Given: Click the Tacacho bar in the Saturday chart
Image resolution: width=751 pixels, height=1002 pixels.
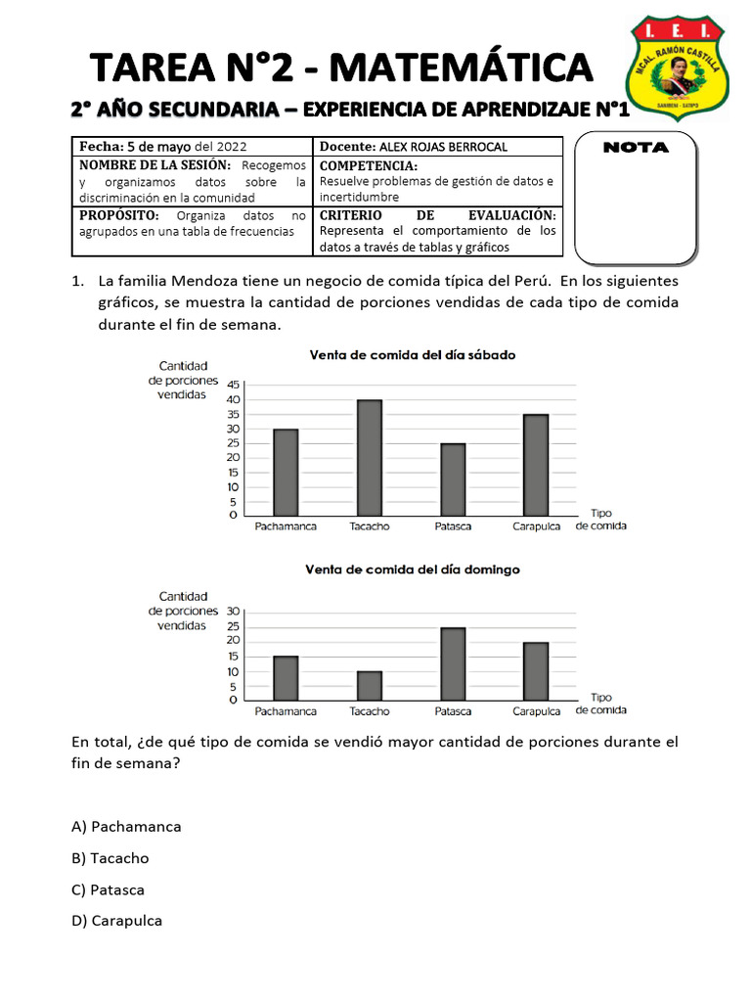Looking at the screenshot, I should pyautogui.click(x=369, y=457).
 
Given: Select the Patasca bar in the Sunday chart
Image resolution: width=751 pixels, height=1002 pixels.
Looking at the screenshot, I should pyautogui.click(x=453, y=663).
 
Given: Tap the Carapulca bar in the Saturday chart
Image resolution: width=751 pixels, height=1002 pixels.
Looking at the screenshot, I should pyautogui.click(x=536, y=465).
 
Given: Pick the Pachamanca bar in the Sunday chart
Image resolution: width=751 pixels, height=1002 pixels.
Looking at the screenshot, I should pyautogui.click(x=286, y=677).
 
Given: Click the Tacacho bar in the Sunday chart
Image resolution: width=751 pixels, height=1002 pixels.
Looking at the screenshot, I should pyautogui.click(x=369, y=685).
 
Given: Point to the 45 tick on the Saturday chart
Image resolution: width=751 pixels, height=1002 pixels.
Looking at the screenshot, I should pyautogui.click(x=233, y=386).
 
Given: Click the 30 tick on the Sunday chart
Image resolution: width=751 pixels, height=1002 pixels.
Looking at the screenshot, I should pyautogui.click(x=233, y=611).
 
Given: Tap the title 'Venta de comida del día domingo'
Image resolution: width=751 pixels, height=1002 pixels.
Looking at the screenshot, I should pyautogui.click(x=412, y=569).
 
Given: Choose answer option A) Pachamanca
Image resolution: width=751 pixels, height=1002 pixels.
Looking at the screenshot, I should pyautogui.click(x=126, y=827).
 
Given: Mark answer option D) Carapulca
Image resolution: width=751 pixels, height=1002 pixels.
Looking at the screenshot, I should pyautogui.click(x=116, y=921).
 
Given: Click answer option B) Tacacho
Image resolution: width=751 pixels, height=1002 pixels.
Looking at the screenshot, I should pyautogui.click(x=110, y=858).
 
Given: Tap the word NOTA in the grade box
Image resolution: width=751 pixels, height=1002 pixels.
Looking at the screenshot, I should pyautogui.click(x=636, y=148).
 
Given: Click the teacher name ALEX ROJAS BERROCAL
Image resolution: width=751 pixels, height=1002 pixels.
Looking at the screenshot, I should pyautogui.click(x=442, y=147).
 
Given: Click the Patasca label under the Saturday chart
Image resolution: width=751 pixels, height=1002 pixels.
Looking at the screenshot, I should pyautogui.click(x=453, y=526).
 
